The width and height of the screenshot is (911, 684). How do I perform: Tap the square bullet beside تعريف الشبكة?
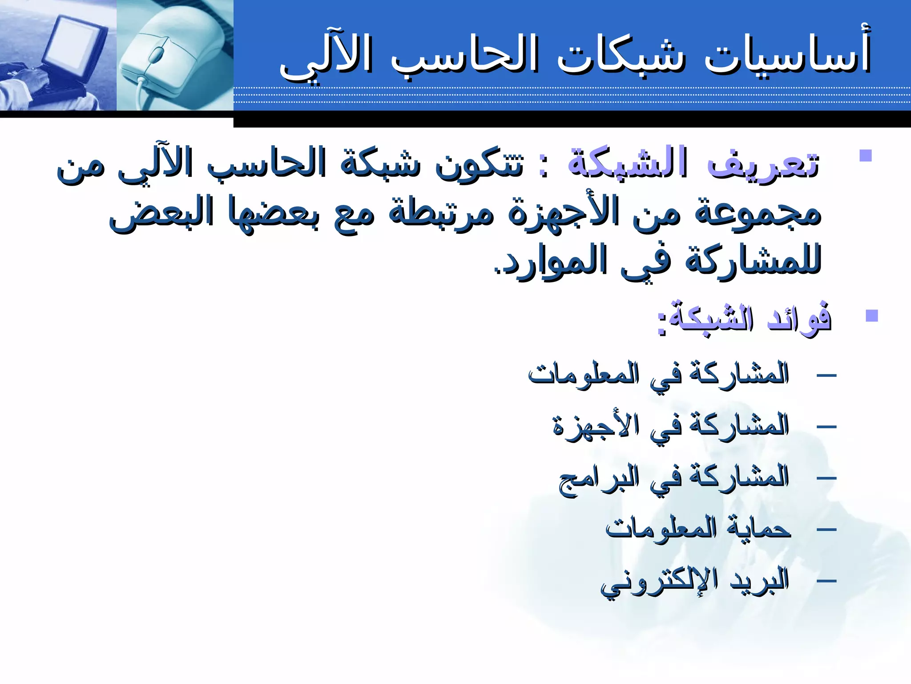(x=865, y=155)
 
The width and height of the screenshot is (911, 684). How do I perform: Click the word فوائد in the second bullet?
(x=799, y=318)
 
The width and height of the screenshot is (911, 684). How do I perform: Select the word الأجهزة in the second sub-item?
(x=596, y=425)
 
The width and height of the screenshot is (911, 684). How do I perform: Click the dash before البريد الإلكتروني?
(x=826, y=581)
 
